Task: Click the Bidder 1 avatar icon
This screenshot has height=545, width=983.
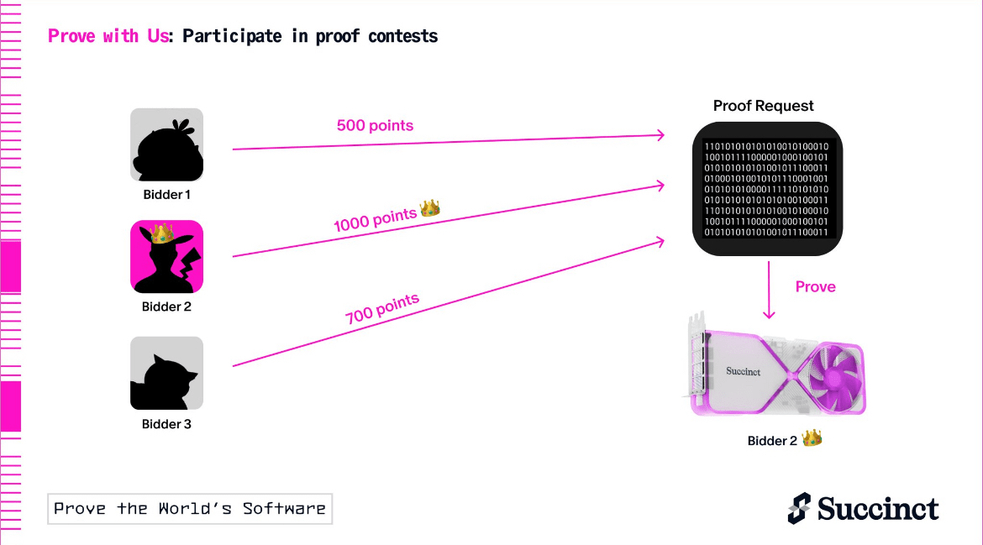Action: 166,144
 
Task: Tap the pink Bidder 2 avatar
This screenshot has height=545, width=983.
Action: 166,256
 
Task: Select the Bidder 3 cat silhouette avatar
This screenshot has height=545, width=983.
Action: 166,374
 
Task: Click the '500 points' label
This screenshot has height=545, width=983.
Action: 375,125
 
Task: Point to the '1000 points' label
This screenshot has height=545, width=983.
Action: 375,220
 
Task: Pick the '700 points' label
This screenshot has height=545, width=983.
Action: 381,309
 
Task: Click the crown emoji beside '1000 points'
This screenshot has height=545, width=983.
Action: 430,208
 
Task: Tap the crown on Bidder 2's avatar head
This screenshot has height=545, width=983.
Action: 161,233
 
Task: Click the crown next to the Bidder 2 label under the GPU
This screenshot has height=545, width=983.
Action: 812,438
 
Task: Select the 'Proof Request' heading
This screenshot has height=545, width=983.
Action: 763,106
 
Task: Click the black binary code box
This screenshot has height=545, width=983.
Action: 767,189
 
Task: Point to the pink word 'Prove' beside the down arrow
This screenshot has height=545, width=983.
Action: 815,287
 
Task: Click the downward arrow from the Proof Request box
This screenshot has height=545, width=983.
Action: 769,290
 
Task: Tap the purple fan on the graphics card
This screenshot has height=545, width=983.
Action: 834,378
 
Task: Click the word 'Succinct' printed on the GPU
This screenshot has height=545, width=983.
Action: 743,371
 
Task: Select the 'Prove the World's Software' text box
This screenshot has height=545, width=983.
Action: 190,509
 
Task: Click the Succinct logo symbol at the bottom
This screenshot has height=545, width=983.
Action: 799,508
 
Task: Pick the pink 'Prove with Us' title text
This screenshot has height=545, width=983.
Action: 108,36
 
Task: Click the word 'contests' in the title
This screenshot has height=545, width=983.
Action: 403,36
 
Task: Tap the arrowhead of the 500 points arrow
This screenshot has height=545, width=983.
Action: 660,134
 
